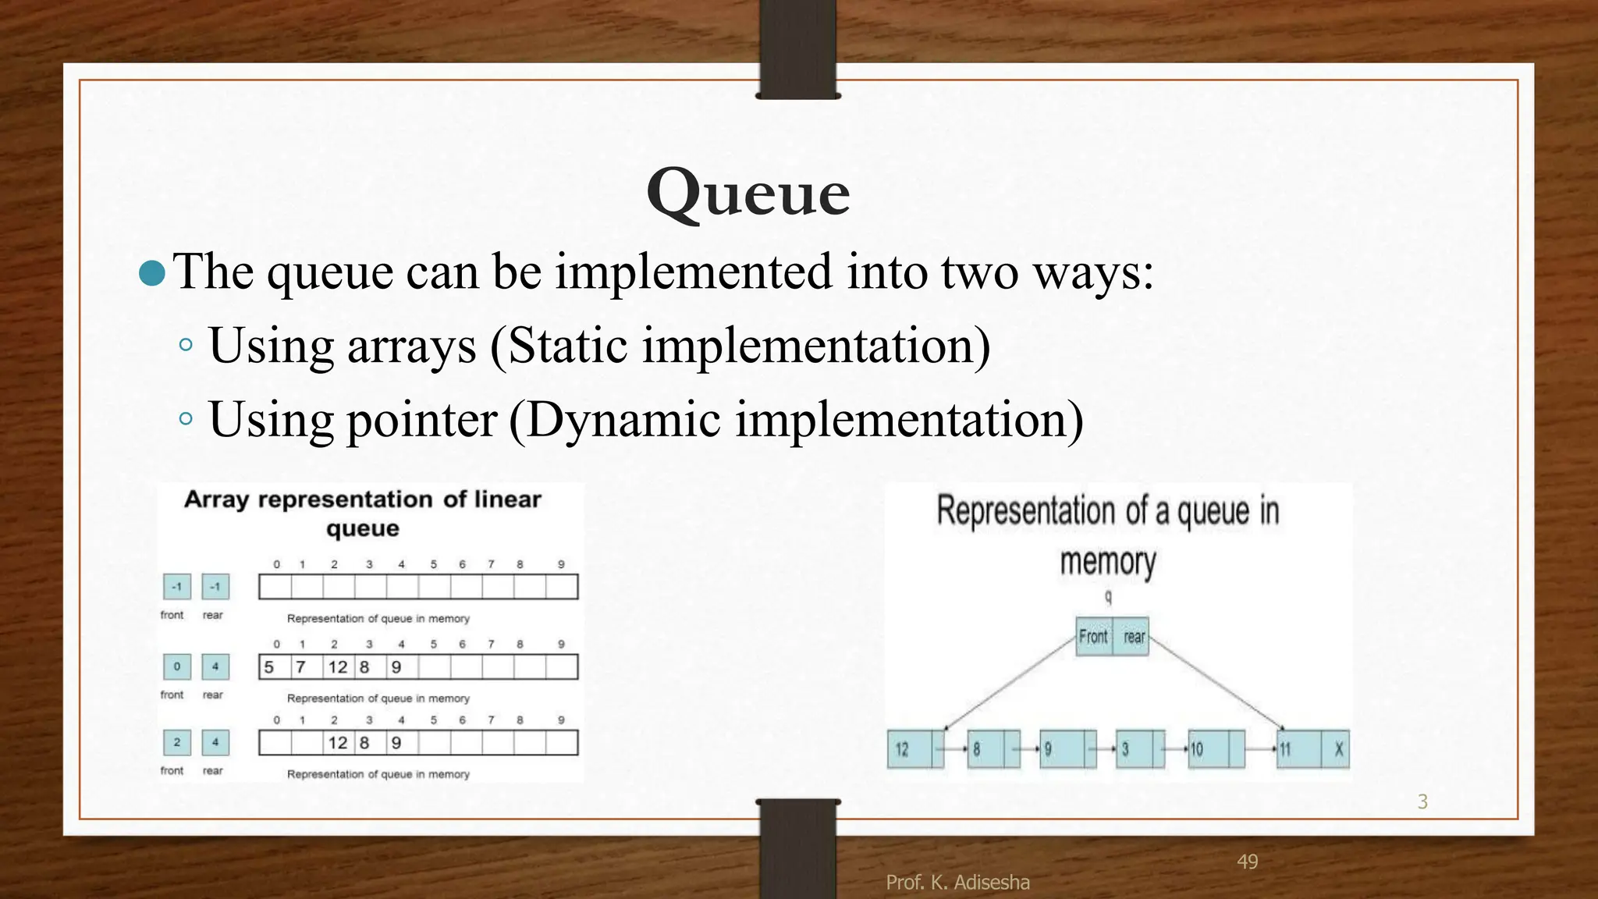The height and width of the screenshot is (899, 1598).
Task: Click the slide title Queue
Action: point(748,193)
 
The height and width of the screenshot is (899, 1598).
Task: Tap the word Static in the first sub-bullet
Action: point(567,345)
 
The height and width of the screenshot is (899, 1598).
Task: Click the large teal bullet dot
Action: point(152,273)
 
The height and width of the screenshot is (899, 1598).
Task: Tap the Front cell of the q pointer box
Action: point(1093,637)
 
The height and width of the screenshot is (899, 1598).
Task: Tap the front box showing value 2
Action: point(177,742)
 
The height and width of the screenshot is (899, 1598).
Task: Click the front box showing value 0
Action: point(177,666)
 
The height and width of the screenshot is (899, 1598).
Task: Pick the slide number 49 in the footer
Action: point(1247,862)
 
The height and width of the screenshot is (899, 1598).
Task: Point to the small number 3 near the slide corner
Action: point(1422,801)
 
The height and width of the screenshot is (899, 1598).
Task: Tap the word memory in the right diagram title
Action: point(1107,562)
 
